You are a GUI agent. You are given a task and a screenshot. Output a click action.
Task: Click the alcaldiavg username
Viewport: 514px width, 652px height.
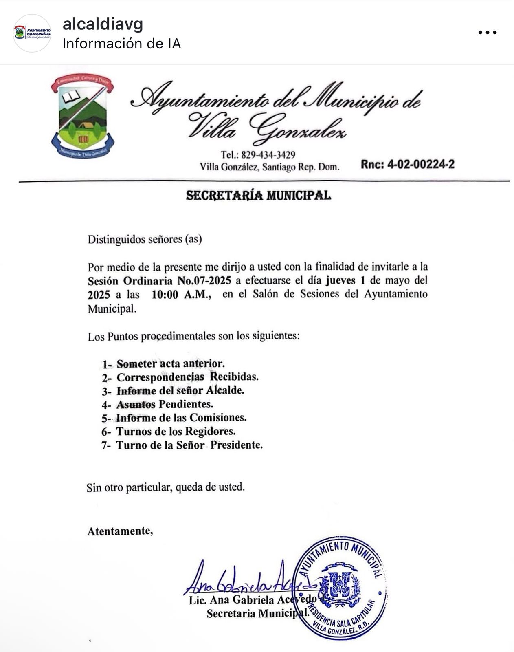click(103, 25)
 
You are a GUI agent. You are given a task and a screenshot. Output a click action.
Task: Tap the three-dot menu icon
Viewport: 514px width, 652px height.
click(487, 33)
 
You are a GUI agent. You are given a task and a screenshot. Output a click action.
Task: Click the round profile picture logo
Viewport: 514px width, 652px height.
click(32, 33)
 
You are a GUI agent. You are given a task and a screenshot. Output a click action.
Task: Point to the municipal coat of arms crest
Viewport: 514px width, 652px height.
click(83, 117)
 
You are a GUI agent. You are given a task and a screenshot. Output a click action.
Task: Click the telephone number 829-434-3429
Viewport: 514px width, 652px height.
click(268, 155)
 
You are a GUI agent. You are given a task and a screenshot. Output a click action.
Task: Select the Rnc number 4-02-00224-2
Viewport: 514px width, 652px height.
click(407, 165)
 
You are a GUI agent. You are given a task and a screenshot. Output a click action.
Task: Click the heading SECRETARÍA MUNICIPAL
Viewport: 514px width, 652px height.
click(258, 196)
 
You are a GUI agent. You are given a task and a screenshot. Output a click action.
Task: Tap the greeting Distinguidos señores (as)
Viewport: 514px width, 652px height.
click(145, 239)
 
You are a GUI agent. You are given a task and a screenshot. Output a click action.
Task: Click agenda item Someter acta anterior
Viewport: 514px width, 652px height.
click(170, 363)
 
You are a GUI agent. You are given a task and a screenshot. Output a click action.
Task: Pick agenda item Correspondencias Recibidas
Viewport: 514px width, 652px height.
click(187, 377)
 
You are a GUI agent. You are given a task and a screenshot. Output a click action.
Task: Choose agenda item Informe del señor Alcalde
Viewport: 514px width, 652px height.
click(180, 390)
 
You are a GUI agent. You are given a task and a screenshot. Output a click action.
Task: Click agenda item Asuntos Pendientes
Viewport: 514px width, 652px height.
click(165, 404)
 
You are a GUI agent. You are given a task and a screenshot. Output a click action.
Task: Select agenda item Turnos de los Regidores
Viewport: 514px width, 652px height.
click(176, 431)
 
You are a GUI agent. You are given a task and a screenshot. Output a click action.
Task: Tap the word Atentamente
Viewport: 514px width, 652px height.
click(120, 531)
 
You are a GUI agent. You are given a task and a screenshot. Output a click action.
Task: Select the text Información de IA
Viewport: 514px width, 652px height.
click(121, 44)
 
